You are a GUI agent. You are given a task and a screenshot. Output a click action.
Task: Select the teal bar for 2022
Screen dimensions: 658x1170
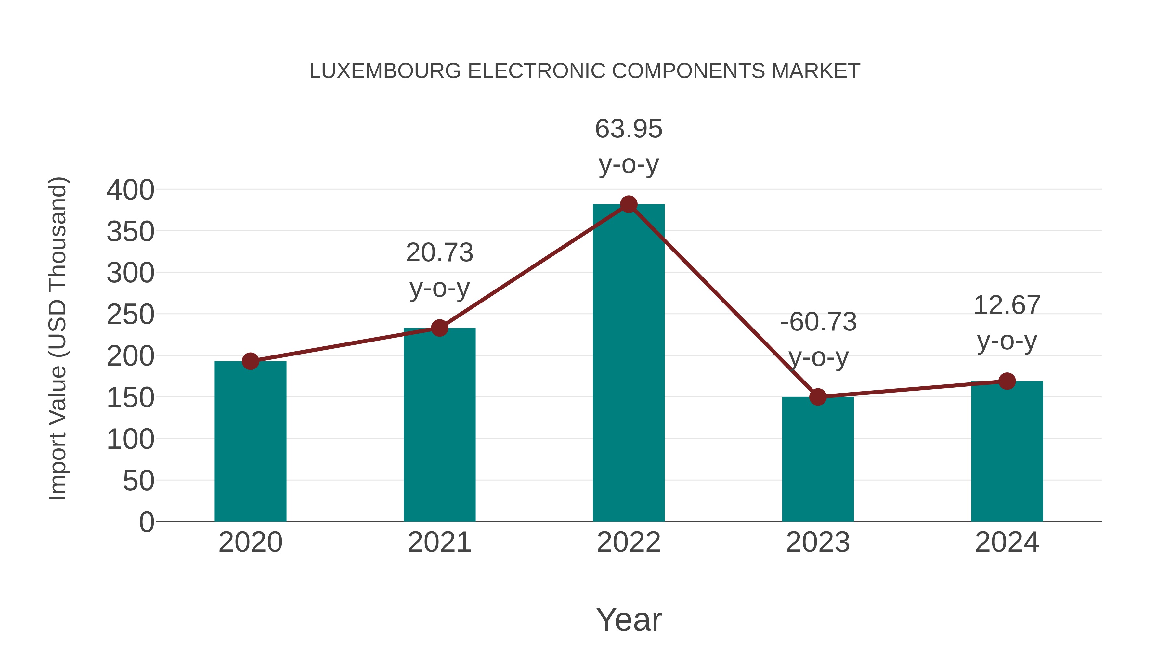coord(629,363)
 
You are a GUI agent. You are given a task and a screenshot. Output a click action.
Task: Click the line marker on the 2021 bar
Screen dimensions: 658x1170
coord(439,328)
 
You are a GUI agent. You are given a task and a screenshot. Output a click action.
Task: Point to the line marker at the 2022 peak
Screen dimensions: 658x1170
coord(629,204)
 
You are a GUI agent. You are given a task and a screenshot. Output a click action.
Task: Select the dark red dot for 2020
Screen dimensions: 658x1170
coord(250,361)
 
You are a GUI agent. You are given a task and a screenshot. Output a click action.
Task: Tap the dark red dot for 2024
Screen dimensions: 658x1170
coord(1007,381)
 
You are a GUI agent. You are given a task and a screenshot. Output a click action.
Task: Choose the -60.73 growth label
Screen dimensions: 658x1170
coord(818,322)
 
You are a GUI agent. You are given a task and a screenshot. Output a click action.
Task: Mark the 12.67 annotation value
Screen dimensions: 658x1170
coord(1007,305)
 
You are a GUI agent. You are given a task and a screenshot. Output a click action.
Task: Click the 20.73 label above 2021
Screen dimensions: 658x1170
coord(439,252)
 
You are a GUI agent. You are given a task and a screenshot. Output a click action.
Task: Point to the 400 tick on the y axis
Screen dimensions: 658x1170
coord(130,190)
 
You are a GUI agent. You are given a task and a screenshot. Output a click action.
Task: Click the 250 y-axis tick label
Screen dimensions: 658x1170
coord(130,314)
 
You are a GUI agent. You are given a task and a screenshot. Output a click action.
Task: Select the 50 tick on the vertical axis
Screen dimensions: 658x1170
coord(138,481)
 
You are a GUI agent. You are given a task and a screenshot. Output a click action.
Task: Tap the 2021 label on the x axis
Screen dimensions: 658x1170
coord(439,542)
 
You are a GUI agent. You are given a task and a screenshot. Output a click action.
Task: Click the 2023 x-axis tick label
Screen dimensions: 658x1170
coord(818,542)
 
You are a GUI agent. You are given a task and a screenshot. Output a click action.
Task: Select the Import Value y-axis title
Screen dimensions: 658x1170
coord(58,338)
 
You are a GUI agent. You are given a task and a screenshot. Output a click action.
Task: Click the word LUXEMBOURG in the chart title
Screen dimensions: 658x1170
coord(385,71)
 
